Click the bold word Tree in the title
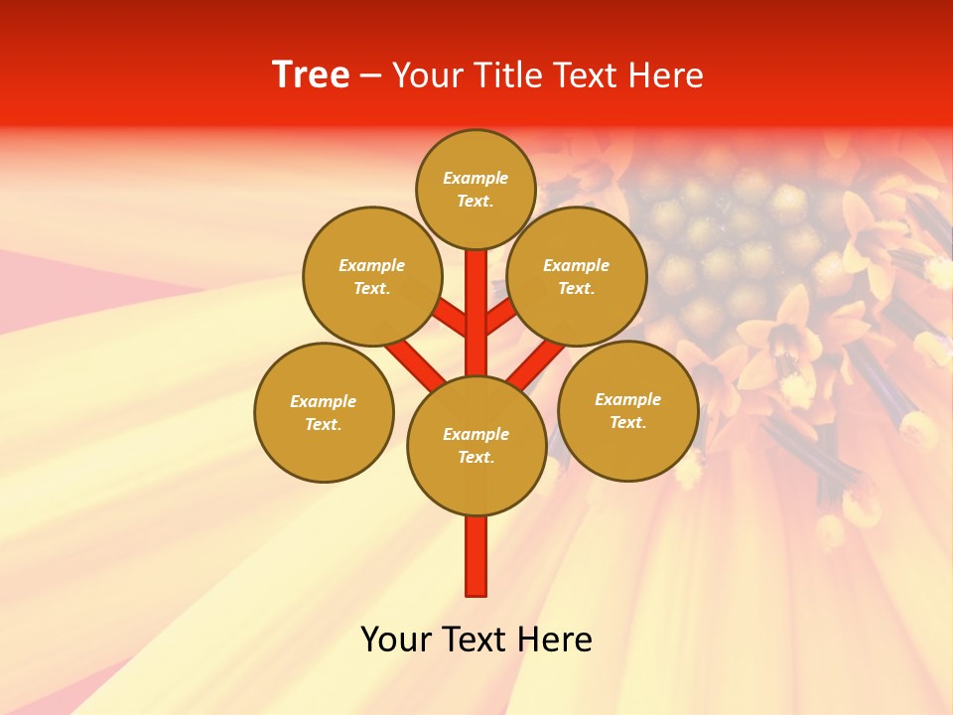click(x=311, y=75)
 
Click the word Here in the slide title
click(x=667, y=75)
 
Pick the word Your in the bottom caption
click(x=397, y=640)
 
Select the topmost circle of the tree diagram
click(x=476, y=189)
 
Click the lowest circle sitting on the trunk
click(x=476, y=446)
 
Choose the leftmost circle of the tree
click(x=324, y=412)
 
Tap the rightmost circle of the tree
click(x=628, y=410)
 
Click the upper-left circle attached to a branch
click(x=372, y=276)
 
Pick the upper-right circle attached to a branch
click(x=577, y=276)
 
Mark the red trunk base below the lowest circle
click(x=476, y=556)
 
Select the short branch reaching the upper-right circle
click(x=500, y=318)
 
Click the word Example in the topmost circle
click(x=476, y=179)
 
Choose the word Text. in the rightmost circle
click(x=628, y=422)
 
